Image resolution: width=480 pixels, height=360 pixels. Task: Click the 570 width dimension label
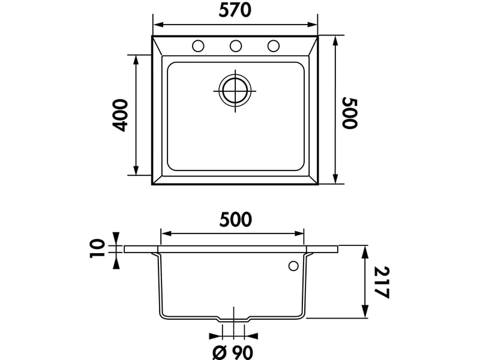[235, 10]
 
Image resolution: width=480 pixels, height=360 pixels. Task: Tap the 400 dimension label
[119, 115]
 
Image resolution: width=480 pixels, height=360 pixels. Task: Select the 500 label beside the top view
[349, 113]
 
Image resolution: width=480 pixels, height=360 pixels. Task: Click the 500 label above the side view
[235, 220]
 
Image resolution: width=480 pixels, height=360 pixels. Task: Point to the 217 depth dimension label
[382, 282]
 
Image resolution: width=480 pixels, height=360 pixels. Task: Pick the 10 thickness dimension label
[97, 248]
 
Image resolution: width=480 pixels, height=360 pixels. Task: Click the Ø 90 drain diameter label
[233, 352]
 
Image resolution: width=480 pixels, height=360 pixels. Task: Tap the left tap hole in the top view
[198, 46]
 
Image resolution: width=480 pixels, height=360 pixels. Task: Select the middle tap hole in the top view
[235, 46]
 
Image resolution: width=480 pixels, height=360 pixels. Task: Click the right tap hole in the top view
[274, 46]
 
